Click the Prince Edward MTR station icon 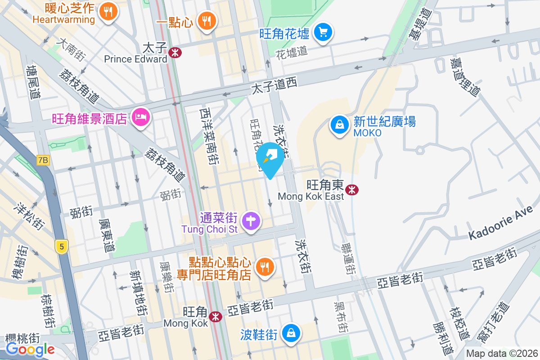(x=175, y=53)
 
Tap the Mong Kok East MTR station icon (x=351, y=190)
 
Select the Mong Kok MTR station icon (x=216, y=317)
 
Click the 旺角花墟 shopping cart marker (x=323, y=32)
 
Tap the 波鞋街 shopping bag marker (x=291, y=333)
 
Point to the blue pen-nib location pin (x=270, y=159)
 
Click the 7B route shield (x=43, y=160)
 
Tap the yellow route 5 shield (x=62, y=246)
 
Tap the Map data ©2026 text (x=501, y=353)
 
